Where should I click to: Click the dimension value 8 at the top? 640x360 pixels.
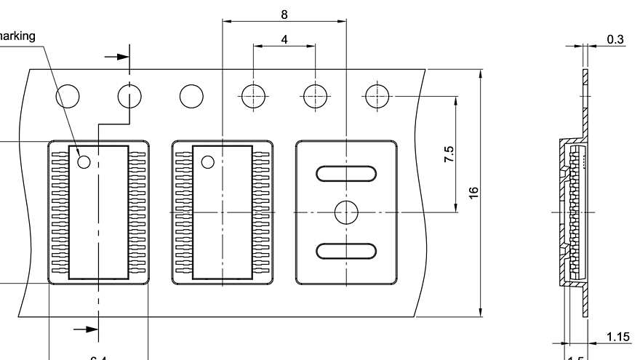284,13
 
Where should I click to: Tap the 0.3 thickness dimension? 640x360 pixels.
615,39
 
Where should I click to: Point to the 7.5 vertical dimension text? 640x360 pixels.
449,154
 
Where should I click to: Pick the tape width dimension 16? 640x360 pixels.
473,193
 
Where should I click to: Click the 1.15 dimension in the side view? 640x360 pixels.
617,336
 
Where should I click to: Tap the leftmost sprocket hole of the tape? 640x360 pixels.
68,96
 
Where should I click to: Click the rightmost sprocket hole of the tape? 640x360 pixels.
377,96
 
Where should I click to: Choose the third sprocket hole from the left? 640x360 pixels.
192,96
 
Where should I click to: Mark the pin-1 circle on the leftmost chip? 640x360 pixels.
84,161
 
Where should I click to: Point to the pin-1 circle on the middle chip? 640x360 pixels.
208,161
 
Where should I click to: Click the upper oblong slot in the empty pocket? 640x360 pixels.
346,173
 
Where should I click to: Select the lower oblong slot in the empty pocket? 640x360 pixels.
346,251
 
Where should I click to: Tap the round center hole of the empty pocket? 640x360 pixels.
346,212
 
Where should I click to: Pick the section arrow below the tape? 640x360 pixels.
87,329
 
